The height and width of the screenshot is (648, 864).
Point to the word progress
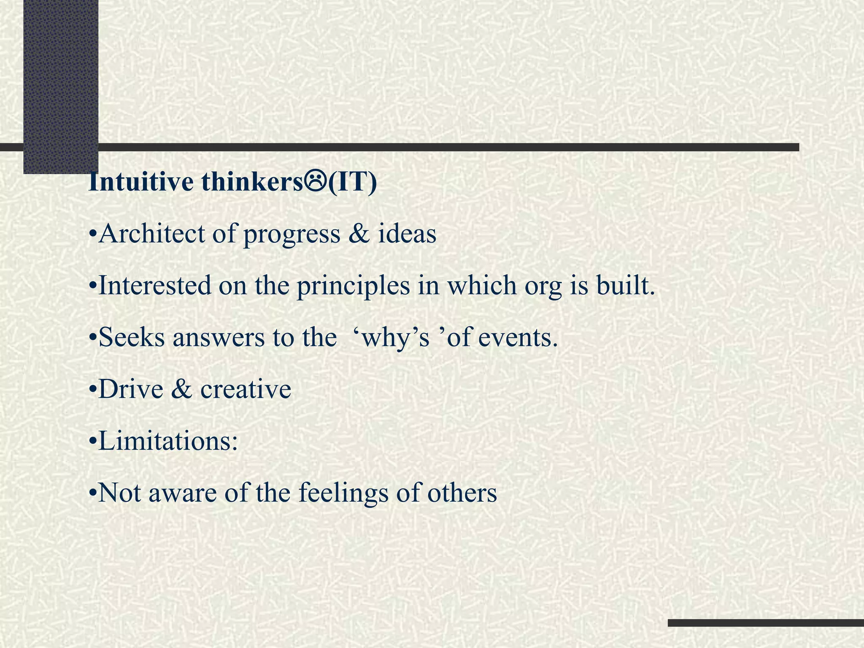(292, 235)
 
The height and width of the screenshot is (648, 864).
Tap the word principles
(353, 286)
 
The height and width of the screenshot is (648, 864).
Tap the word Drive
(130, 389)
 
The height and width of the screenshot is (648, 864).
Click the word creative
(246, 389)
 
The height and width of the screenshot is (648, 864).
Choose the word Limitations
(168, 441)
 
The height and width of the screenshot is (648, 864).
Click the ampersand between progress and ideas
(359, 234)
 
